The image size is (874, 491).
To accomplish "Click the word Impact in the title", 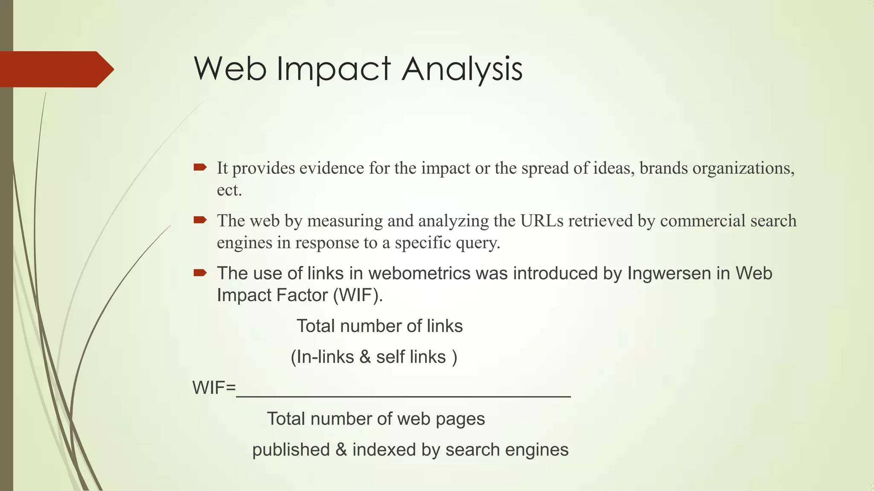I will (x=333, y=69).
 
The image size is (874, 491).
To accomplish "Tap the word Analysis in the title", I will (x=462, y=69).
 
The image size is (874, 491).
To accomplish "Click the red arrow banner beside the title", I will (x=55, y=69).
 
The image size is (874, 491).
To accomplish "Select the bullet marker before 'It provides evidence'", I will (x=200, y=167).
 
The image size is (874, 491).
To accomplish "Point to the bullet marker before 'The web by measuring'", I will (x=200, y=220).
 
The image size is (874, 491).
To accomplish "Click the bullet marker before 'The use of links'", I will (x=200, y=272).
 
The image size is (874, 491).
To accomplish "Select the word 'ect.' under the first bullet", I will (x=229, y=190).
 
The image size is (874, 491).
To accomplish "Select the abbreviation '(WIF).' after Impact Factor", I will (x=358, y=295).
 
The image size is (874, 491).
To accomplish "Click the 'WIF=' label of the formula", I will (x=214, y=388).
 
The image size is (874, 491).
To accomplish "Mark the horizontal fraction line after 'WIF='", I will (x=403, y=396).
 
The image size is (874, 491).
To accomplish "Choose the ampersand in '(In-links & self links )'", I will (x=365, y=357).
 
